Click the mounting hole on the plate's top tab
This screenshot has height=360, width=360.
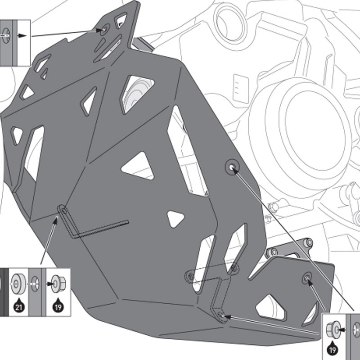tap(104, 31)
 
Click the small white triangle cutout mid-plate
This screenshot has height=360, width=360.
tap(176, 218)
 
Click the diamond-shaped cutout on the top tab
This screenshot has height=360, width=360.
tap(121, 20)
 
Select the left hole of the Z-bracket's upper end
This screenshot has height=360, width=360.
tap(189, 274)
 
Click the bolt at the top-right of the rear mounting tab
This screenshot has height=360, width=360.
tap(309, 243)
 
